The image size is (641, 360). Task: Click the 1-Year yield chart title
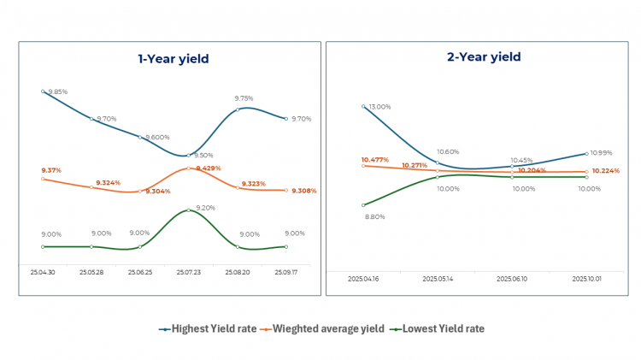[x=173, y=59]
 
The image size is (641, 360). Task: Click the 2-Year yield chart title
[x=484, y=57]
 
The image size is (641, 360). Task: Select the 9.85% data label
[x=58, y=91]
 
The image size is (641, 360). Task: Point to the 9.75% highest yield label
[x=244, y=99]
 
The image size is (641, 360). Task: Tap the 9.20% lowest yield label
[x=205, y=208]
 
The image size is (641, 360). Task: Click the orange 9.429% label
[x=209, y=168]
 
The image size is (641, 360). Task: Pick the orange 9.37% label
[x=52, y=170]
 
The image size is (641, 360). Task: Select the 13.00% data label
[x=378, y=107]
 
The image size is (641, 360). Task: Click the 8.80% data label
[x=374, y=217]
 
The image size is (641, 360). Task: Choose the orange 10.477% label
[x=375, y=160]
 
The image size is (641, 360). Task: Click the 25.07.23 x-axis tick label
[x=188, y=272]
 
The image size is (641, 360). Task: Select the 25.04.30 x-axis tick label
[x=43, y=272]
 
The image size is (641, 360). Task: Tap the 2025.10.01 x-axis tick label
[x=587, y=278]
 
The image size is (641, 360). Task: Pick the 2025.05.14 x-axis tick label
[x=438, y=278]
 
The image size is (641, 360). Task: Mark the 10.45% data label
[x=522, y=160]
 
